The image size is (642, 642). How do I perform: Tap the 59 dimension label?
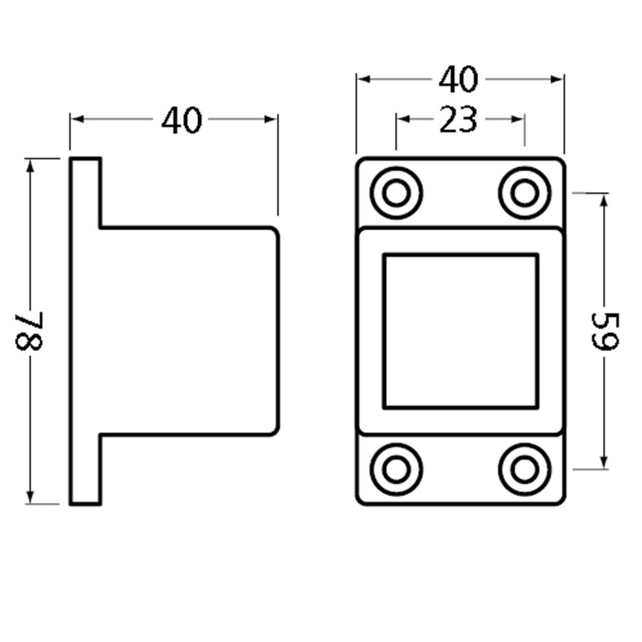[x=603, y=331]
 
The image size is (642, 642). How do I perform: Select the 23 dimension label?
[x=458, y=119]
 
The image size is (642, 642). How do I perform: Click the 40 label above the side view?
[x=182, y=120]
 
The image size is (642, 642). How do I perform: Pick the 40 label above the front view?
[x=458, y=80]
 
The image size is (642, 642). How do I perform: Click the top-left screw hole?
[x=396, y=193]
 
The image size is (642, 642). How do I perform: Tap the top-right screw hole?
[x=525, y=193]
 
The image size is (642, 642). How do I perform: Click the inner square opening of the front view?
[x=460, y=331]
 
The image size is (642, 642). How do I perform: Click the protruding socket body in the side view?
[x=189, y=331]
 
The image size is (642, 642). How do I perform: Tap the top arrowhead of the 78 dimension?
[x=30, y=164]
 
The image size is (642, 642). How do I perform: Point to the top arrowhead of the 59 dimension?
[x=603, y=199]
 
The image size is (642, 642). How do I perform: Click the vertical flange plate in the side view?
[x=85, y=331]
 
